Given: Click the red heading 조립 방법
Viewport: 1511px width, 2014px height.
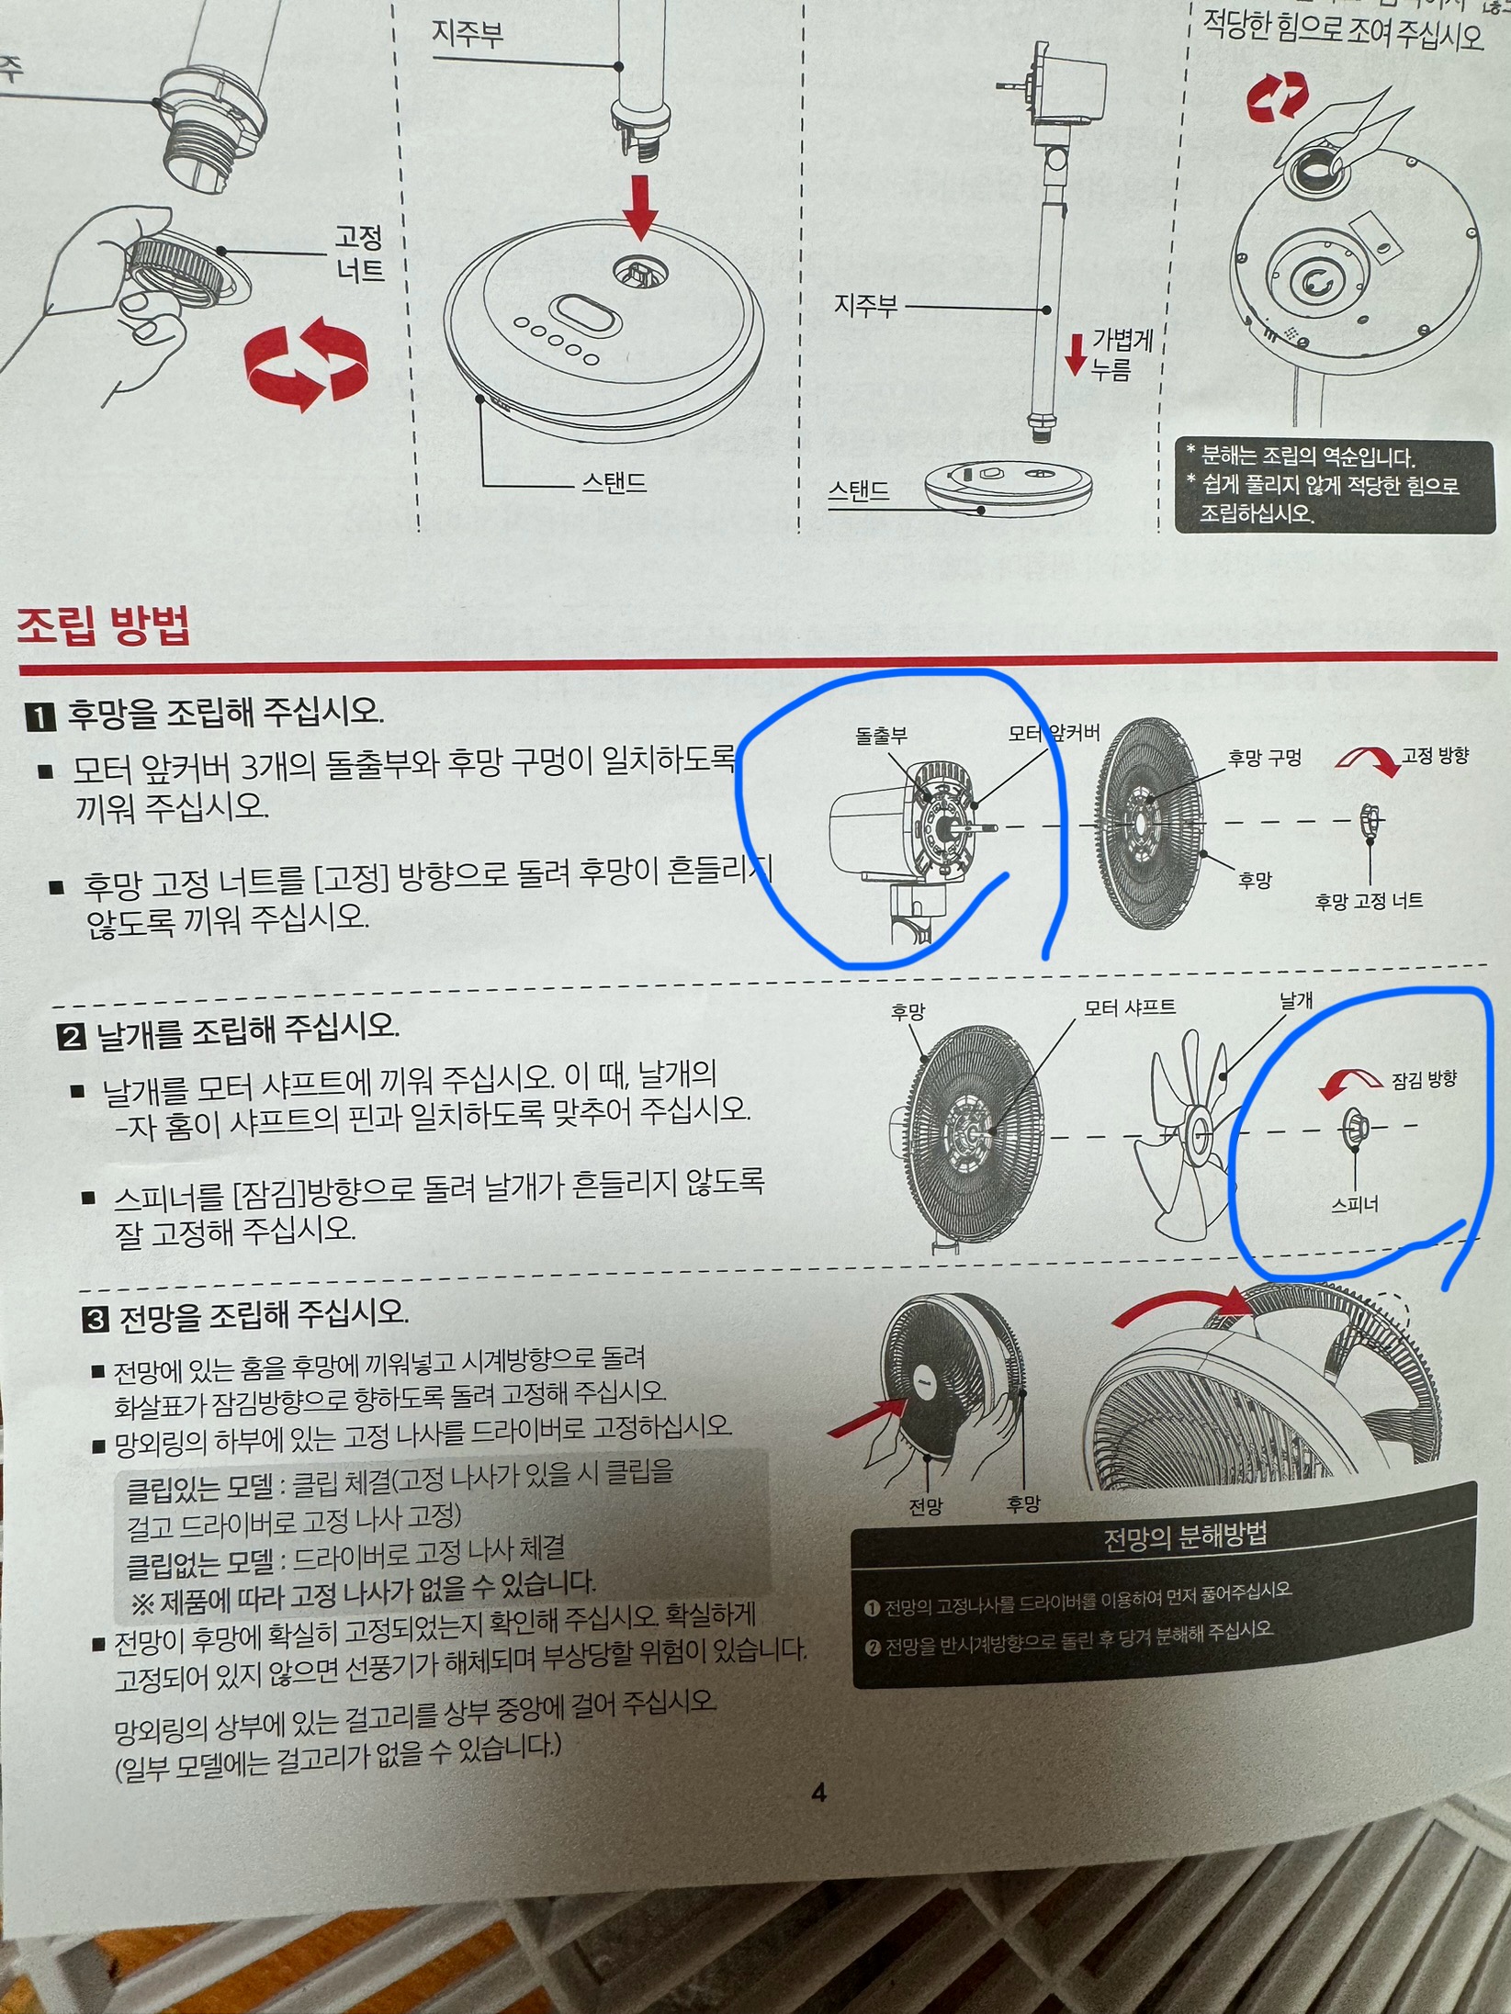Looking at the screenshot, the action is click(x=104, y=627).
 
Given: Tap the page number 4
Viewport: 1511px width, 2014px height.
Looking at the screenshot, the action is click(x=818, y=1792).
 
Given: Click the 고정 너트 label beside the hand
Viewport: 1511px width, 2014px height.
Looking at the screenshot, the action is click(x=359, y=254).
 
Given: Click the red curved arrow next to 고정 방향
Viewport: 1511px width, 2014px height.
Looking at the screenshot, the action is click(x=1368, y=760).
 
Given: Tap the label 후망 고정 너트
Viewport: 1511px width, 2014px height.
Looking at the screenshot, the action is click(x=1369, y=901).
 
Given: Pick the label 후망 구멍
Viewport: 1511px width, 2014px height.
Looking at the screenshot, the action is click(x=1265, y=758).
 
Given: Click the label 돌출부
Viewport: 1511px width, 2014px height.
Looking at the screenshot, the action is click(x=881, y=736).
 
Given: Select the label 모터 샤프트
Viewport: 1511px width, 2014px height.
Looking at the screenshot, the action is click(x=1130, y=1007).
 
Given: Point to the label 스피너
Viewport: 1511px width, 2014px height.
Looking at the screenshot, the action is click(x=1355, y=1204).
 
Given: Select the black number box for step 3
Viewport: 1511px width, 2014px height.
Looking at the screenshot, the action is click(x=96, y=1320).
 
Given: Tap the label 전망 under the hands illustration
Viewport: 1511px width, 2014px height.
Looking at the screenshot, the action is click(x=925, y=1506).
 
